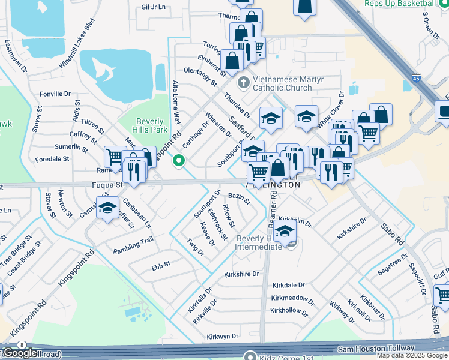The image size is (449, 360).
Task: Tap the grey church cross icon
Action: point(244,82)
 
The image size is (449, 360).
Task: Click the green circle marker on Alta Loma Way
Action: point(178,161)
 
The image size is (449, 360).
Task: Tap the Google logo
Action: point(20,353)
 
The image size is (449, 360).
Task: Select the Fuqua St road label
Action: point(107,185)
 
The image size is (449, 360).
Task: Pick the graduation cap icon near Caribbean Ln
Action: point(107,209)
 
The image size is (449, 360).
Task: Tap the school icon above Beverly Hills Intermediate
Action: point(286,230)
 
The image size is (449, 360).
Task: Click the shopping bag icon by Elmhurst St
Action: point(232,60)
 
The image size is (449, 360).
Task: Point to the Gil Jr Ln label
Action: point(153,8)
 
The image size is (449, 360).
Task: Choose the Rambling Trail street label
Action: point(135,242)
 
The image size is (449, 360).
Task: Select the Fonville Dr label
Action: point(55,94)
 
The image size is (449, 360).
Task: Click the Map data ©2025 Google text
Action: point(412,355)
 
